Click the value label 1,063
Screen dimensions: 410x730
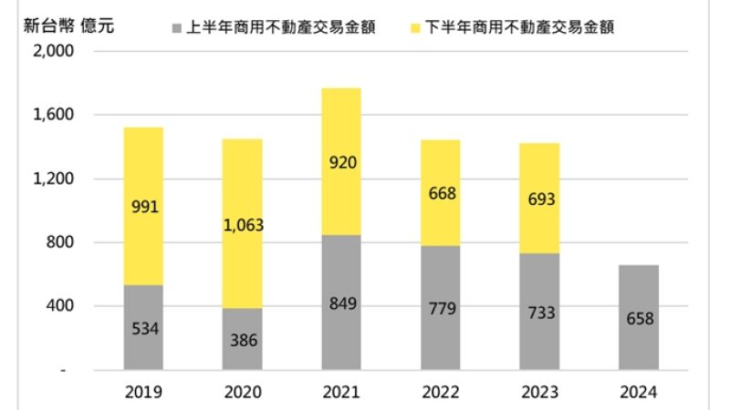coord(243,225)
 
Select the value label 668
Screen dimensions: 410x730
coord(440,193)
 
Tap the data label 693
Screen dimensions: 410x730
coord(538,199)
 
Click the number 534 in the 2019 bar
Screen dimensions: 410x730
coord(144,328)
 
